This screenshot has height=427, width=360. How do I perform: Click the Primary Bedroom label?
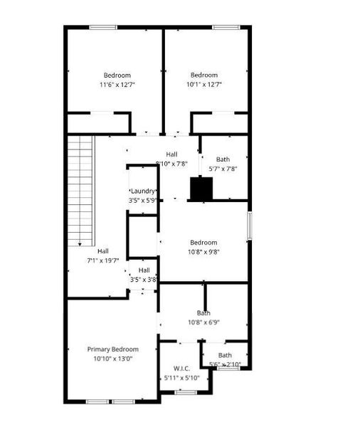coord(112,349)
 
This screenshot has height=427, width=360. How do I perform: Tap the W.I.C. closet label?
coord(182,368)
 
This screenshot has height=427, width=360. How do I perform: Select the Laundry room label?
coord(143,191)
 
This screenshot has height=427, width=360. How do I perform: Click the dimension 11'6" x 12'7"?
coord(117,84)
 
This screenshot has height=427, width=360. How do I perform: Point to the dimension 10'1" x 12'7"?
coord(203,84)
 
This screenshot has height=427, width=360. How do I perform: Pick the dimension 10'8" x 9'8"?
coord(203,251)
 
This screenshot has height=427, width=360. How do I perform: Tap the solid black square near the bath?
coord(201,189)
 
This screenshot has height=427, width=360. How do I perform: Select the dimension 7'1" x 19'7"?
coord(103,260)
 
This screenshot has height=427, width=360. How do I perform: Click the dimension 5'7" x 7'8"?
coord(223,169)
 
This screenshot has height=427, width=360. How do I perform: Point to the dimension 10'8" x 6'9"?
coord(203,322)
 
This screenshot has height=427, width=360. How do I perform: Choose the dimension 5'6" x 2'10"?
coord(225,364)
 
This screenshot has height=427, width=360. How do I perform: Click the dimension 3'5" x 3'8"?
coord(144,280)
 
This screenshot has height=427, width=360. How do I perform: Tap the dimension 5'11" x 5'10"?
coord(182,377)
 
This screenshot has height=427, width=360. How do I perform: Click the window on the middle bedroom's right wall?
coord(249,226)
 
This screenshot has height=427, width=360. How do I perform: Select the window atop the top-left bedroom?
coord(103,27)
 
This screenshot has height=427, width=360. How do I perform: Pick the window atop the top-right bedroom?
coord(226,27)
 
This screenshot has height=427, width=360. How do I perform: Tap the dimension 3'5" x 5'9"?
coord(143,201)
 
